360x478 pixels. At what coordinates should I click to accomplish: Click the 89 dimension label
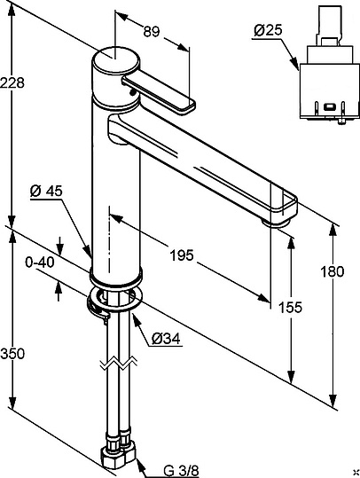point(152,32)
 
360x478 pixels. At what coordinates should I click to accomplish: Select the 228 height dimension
point(12,83)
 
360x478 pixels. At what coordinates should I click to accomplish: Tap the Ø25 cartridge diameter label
point(269,31)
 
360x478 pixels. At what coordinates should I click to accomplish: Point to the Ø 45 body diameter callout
point(46,192)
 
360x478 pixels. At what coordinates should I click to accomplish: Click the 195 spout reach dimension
point(182,255)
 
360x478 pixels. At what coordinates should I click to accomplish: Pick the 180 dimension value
point(332,271)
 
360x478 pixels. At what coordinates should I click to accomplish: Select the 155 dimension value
point(290,307)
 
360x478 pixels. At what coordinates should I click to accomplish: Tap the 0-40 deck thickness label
point(40,263)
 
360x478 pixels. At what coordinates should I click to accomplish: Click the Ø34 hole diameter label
point(166,339)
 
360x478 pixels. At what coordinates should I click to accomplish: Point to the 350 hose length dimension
point(12,354)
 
